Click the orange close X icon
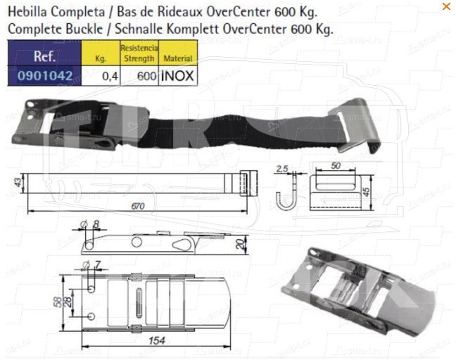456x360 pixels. [446, 6]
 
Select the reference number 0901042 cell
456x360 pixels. [44, 76]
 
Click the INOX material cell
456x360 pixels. [178, 76]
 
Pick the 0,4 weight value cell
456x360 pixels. [101, 76]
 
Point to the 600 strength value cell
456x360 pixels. [139, 76]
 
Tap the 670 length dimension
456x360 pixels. [137, 206]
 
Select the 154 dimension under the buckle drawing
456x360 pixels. [156, 340]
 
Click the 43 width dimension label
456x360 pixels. [18, 183]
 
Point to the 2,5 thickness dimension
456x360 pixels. [281, 169]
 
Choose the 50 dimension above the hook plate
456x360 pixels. [336, 166]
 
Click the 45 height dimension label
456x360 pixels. [367, 191]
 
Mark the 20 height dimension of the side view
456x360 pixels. [240, 244]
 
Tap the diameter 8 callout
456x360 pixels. [91, 224]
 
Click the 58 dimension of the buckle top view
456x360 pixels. [59, 302]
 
